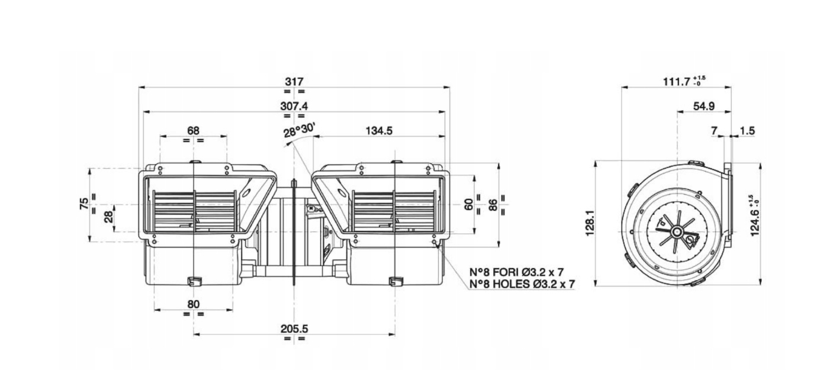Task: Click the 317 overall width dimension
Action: (294, 81)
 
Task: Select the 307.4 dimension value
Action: (294, 105)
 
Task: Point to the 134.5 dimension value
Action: (379, 131)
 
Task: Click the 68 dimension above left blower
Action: (193, 130)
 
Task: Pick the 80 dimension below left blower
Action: (193, 304)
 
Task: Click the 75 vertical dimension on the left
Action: (85, 203)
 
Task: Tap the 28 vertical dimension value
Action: (108, 217)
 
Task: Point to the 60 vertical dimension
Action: (469, 204)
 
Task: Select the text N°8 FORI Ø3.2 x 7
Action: (516, 272)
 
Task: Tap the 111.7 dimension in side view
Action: (676, 82)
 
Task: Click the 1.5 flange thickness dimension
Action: (747, 131)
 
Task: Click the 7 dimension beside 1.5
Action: (714, 131)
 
